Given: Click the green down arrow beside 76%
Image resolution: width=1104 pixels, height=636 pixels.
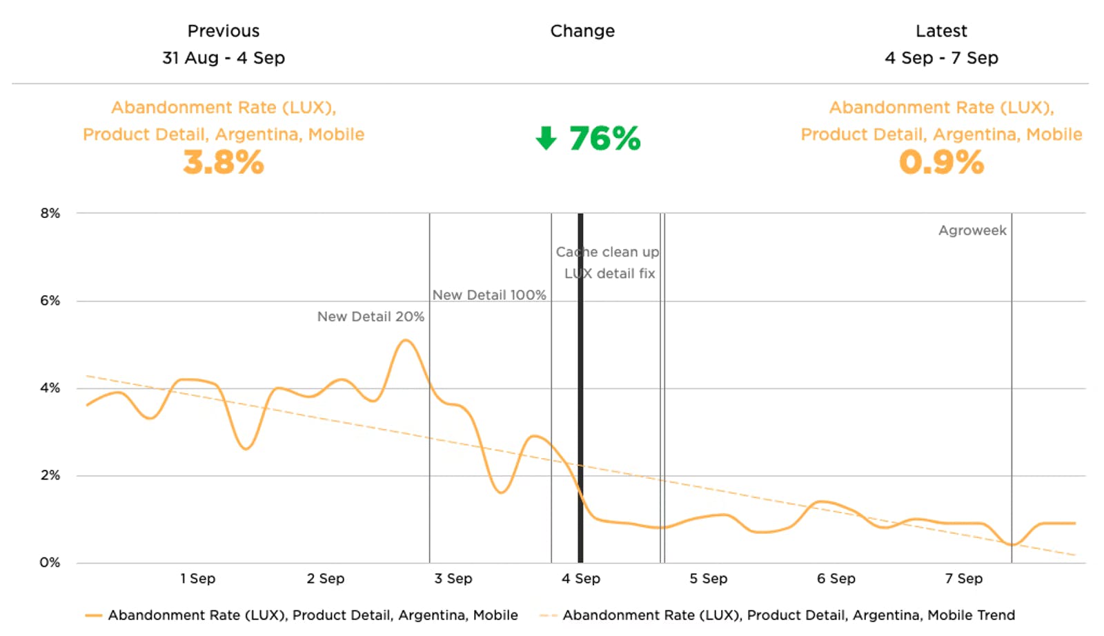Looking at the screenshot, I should point(546,138).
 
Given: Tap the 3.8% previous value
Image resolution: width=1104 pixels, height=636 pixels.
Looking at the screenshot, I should point(224,163).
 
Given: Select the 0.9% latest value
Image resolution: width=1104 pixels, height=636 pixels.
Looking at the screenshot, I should point(941,163).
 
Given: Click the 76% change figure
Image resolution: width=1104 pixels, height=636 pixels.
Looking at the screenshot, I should point(604,139).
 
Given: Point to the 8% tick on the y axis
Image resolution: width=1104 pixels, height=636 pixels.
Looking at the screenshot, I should point(50,213).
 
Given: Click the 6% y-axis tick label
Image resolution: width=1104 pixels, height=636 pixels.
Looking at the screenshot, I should point(50,301).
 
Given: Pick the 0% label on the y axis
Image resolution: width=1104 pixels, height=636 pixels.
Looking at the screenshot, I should point(50,562).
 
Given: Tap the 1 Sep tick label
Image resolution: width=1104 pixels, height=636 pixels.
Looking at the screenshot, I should point(198,579).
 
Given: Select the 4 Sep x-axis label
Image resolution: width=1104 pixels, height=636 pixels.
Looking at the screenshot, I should point(581,579).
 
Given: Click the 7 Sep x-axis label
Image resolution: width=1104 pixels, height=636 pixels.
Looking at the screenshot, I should point(964,579).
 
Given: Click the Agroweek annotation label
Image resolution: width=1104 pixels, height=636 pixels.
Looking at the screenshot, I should point(972,230).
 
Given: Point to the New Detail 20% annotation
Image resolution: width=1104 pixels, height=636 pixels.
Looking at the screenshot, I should point(371,317).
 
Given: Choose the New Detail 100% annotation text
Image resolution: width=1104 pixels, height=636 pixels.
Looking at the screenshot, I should point(489,295).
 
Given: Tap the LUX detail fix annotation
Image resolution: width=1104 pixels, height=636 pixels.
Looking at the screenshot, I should point(610,273).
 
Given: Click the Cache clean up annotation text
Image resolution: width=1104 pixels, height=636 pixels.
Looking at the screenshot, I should point(607,252).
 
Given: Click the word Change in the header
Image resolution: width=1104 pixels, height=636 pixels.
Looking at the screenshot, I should point(582,31).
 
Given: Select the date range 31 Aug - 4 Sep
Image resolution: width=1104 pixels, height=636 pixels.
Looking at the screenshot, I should point(224,58).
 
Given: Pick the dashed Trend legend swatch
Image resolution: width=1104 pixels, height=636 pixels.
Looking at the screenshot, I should point(549,615).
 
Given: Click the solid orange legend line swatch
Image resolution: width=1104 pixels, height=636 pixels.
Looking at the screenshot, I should point(94,615).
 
